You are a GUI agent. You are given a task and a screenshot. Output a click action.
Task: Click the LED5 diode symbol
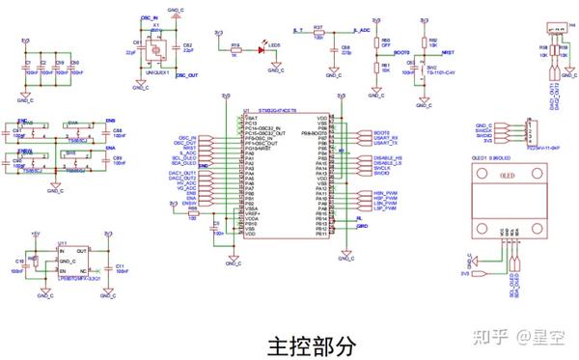pyautogui.click(x=262, y=47)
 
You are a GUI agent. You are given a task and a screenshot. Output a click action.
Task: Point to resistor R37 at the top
pyautogui.click(x=319, y=35)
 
